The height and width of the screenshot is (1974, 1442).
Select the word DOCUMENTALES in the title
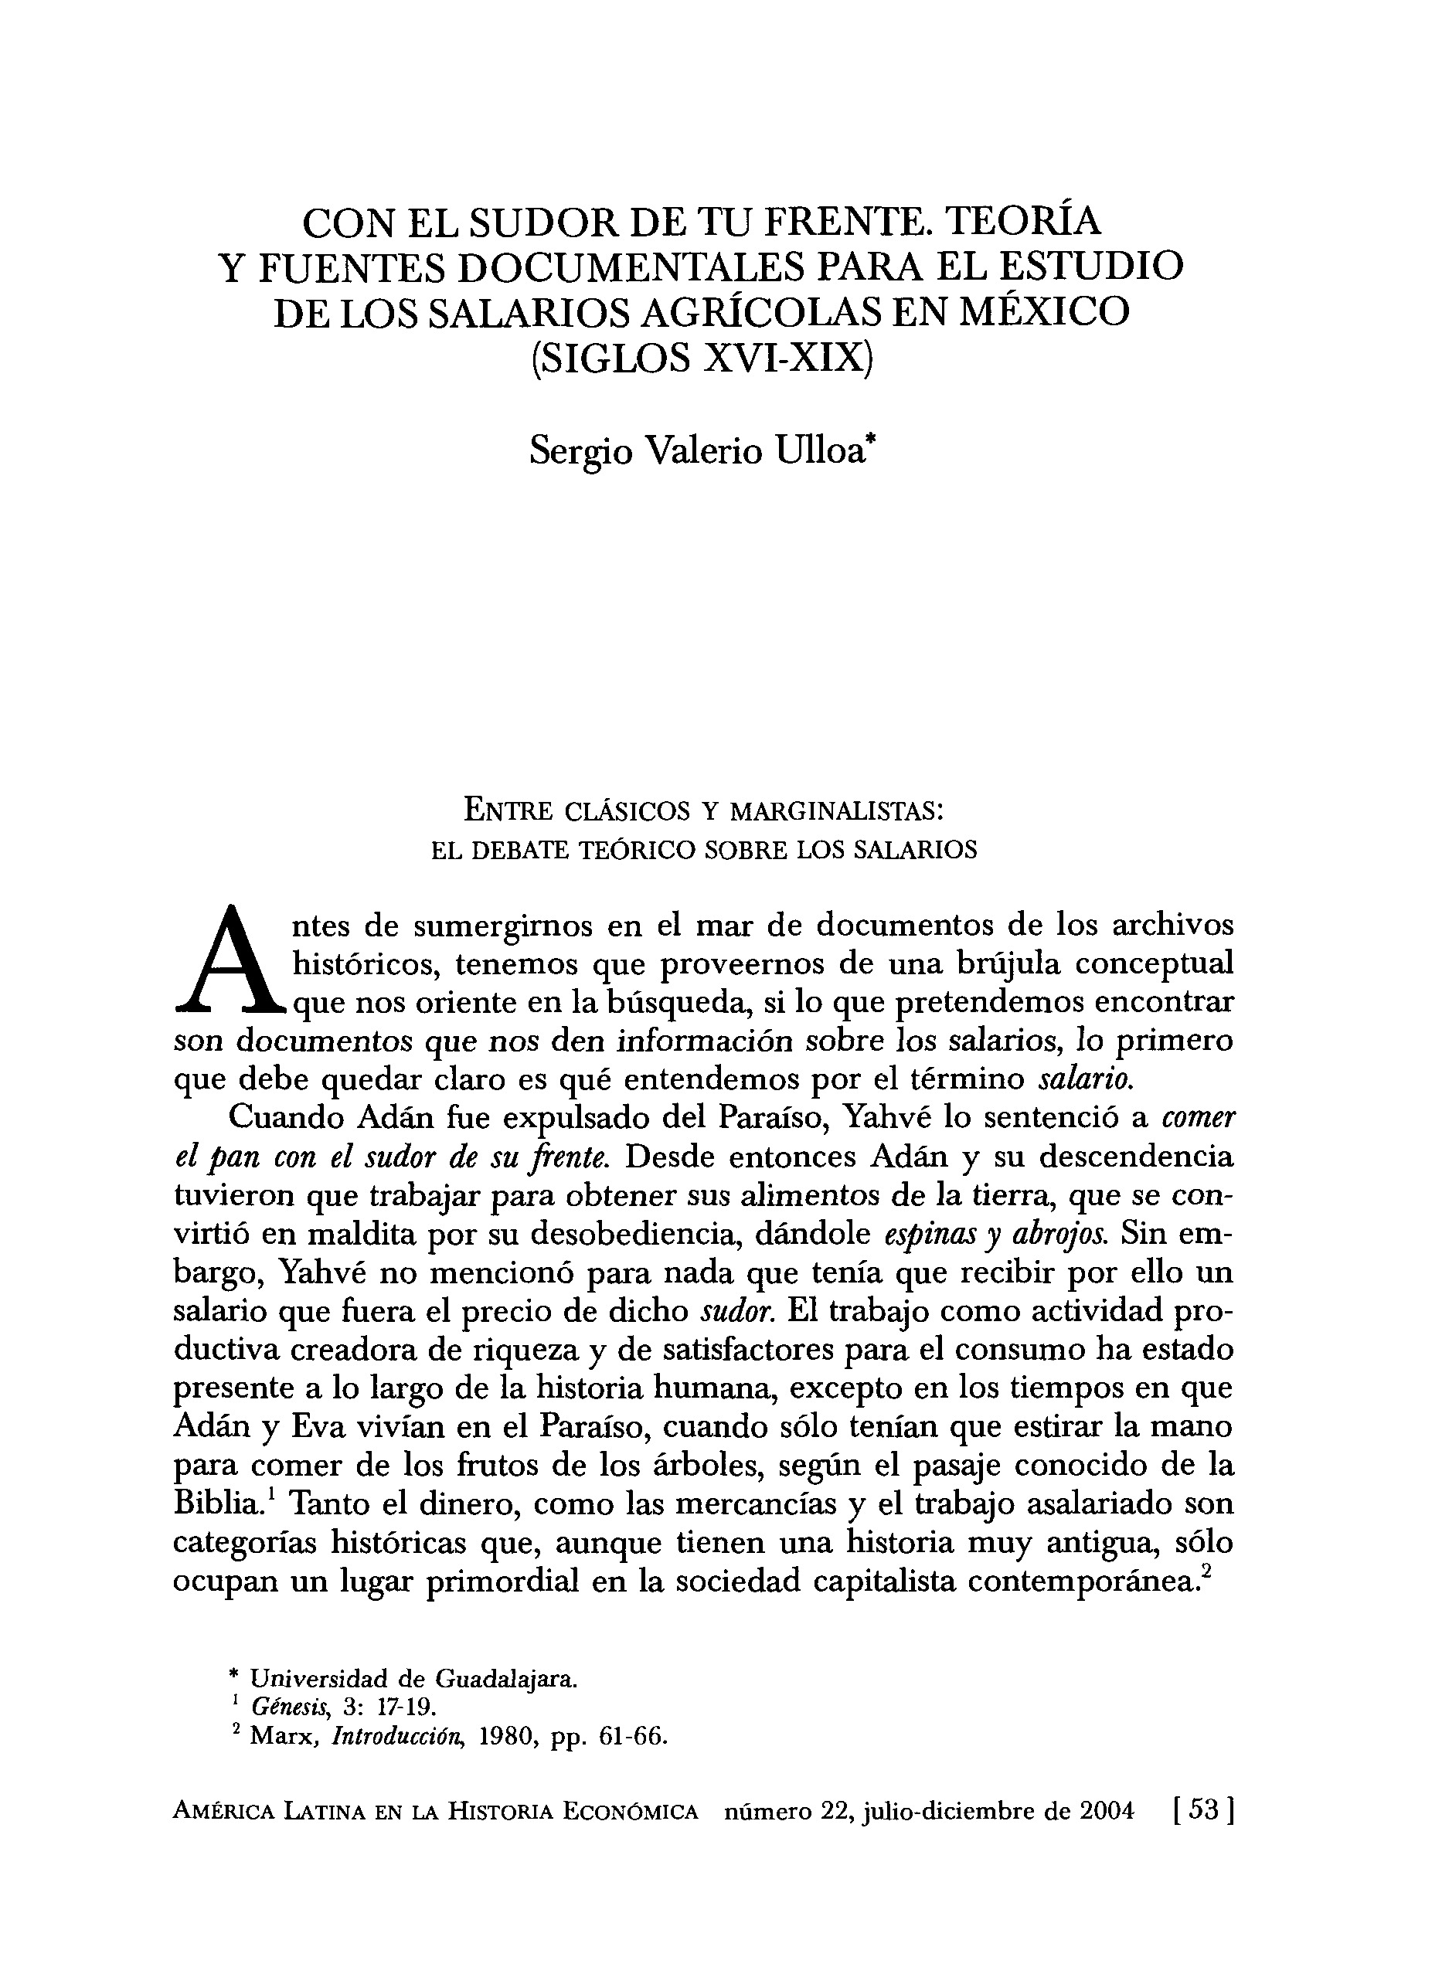click(x=631, y=267)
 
